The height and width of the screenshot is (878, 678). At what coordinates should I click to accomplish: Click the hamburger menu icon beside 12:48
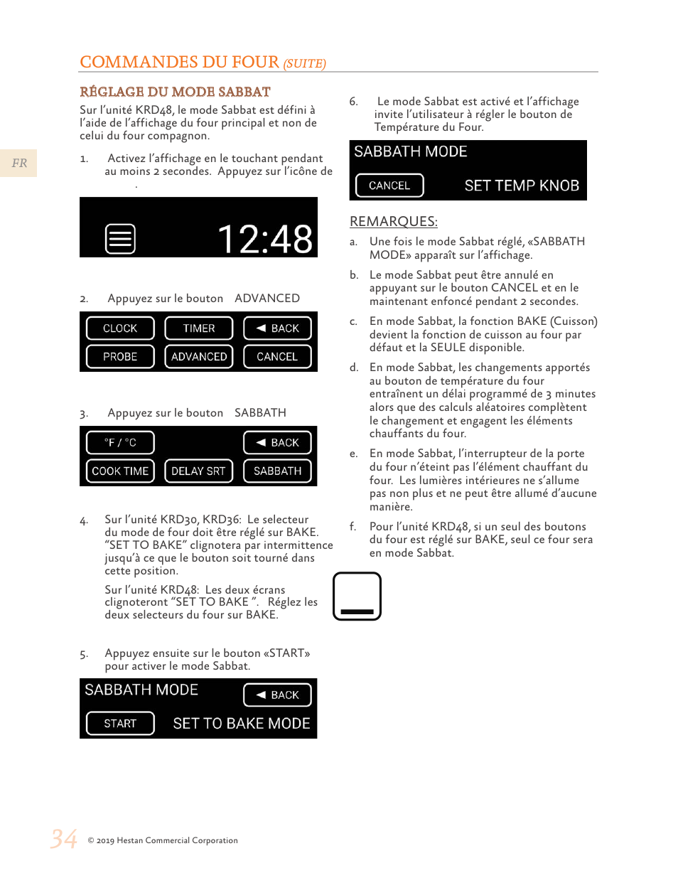click(120, 239)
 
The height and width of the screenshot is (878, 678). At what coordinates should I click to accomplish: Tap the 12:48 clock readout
click(264, 239)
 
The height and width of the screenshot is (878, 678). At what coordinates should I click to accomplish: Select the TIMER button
click(199, 328)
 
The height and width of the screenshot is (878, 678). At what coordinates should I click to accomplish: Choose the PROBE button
click(120, 357)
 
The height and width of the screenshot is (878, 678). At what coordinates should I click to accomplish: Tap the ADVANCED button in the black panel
click(199, 357)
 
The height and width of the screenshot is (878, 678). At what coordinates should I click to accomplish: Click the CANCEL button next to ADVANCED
click(277, 357)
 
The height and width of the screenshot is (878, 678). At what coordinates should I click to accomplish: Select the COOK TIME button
click(120, 471)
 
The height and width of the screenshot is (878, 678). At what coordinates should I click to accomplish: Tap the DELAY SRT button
click(199, 471)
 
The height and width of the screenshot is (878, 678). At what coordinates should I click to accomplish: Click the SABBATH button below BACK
click(277, 471)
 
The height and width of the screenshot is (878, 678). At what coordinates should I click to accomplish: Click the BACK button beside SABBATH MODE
click(277, 695)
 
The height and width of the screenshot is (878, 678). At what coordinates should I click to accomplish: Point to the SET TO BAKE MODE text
click(242, 724)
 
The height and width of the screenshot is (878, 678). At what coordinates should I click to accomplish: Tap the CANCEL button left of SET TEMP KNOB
click(389, 186)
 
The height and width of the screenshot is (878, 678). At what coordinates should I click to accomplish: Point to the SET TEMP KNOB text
click(522, 186)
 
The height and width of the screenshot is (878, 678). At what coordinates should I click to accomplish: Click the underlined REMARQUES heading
click(394, 221)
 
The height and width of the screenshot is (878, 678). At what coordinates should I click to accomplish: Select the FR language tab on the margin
click(19, 164)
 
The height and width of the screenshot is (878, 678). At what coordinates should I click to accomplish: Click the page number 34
click(64, 839)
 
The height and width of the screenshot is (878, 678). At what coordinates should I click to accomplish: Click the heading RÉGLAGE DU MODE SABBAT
click(175, 92)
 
